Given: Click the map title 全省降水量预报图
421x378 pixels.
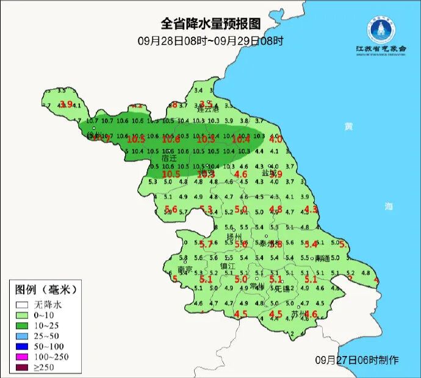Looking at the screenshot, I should (x=210, y=24).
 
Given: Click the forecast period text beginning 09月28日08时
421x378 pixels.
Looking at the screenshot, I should (x=210, y=41).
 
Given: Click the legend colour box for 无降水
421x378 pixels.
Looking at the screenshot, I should (x=22, y=304).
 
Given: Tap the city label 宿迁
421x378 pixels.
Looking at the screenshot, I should (x=169, y=158).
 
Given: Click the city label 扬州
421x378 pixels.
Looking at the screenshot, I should (x=234, y=236).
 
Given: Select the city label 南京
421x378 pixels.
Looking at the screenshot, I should (x=185, y=269).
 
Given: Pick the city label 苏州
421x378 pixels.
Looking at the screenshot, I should (x=298, y=314).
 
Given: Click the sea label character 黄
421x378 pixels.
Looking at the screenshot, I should (x=348, y=126).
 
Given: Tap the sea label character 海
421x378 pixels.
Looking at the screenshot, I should (x=389, y=206).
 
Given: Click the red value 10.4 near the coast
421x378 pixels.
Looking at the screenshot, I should (x=242, y=140).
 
